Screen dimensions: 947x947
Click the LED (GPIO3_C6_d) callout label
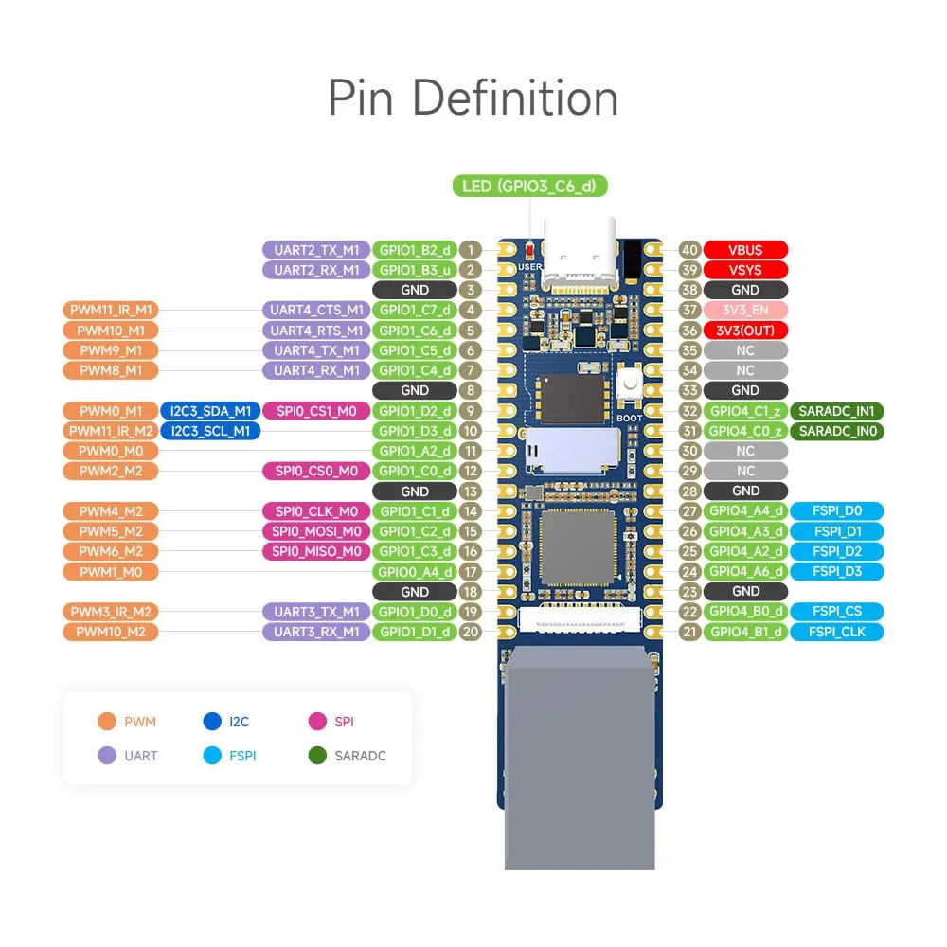tap(529, 186)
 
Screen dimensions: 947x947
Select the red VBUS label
tap(745, 250)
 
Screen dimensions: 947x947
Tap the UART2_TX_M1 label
tap(316, 250)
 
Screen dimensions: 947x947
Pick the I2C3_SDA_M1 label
tap(210, 411)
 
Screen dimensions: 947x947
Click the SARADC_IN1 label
tap(836, 411)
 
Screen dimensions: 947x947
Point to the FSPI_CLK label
tap(836, 632)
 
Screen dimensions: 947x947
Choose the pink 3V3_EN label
tap(745, 311)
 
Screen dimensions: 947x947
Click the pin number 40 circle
tap(689, 250)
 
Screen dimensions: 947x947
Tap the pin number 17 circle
tap(471, 572)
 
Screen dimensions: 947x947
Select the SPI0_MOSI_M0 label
tap(316, 531)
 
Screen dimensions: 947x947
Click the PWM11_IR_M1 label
tap(111, 311)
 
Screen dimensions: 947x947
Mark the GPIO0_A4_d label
tap(415, 572)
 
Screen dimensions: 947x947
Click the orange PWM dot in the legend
tap(107, 721)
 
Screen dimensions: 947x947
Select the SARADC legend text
tap(360, 756)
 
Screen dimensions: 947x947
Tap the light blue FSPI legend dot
tap(212, 756)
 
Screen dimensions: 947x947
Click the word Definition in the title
tap(515, 98)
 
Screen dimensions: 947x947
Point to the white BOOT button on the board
tap(630, 383)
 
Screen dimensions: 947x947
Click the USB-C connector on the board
tap(580, 253)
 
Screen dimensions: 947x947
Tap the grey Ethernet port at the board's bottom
tap(580, 758)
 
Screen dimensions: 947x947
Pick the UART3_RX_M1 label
tap(316, 632)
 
